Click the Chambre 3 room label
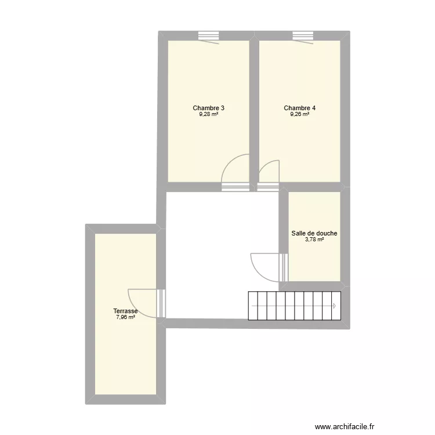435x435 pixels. (x=209, y=108)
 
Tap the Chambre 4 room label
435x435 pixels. (x=300, y=108)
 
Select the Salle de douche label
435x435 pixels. (x=314, y=234)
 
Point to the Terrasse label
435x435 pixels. (x=125, y=311)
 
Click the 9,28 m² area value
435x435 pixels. (x=209, y=115)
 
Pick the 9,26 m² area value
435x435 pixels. (x=300, y=115)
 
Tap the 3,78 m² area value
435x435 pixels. (x=314, y=240)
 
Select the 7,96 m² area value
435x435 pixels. (x=125, y=317)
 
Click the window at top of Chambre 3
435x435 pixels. (x=208, y=35)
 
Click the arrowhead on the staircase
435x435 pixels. (x=335, y=306)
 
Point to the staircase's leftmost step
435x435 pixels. (x=253, y=306)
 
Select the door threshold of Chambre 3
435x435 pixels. (x=235, y=187)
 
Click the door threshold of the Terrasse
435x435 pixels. (x=161, y=303)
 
